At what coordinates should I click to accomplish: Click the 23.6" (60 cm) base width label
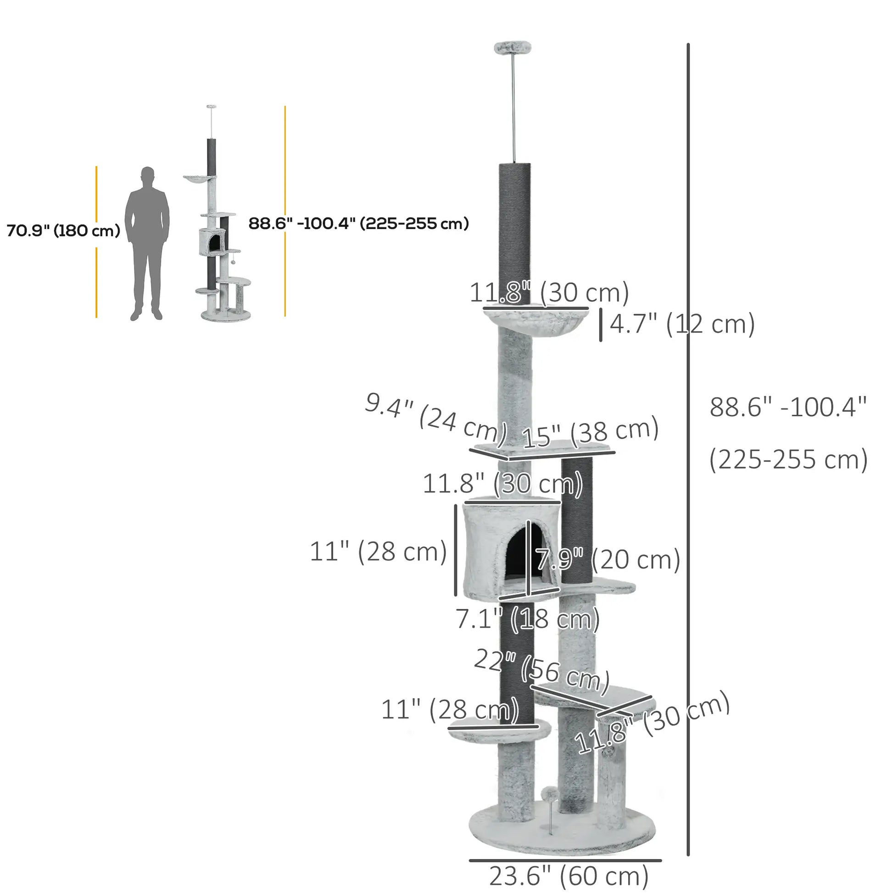569,876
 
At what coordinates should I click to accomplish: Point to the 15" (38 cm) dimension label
590,432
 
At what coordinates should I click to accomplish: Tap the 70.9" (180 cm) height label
63,230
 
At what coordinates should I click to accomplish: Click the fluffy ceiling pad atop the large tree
513,47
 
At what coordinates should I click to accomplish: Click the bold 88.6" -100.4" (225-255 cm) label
359,224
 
